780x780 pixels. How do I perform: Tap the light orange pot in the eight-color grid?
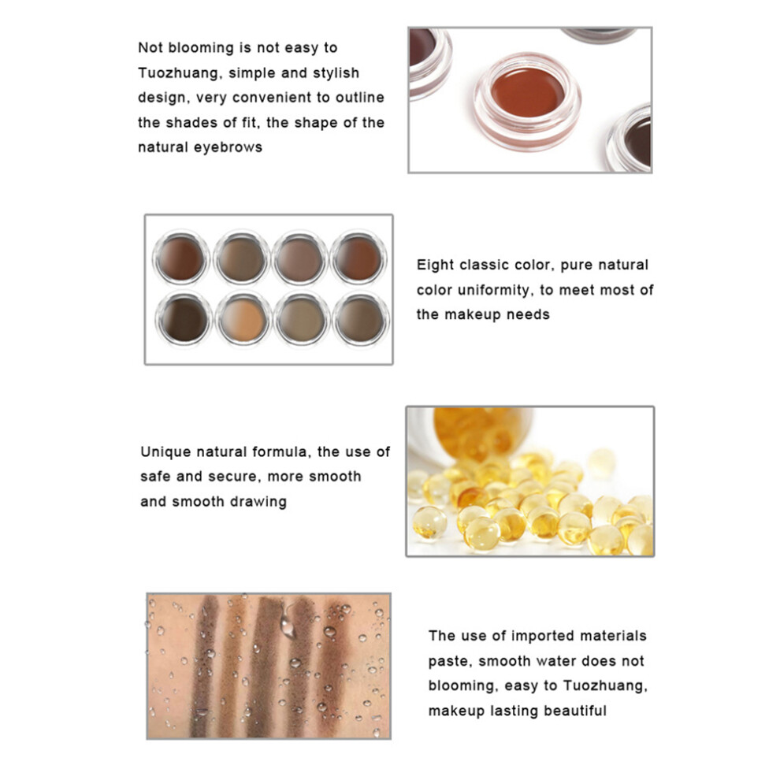click(243, 319)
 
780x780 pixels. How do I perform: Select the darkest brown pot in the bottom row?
click(184, 319)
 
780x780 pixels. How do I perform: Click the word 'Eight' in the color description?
click(435, 266)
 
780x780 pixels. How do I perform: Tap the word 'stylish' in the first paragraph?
click(336, 73)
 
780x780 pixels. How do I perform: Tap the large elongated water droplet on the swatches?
click(288, 622)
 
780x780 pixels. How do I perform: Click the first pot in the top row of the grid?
click(181, 258)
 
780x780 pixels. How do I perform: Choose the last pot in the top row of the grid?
click(359, 258)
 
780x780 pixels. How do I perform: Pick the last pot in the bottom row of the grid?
click(361, 319)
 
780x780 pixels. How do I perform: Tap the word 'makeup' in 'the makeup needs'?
click(473, 315)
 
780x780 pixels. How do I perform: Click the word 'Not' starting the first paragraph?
click(150, 48)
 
